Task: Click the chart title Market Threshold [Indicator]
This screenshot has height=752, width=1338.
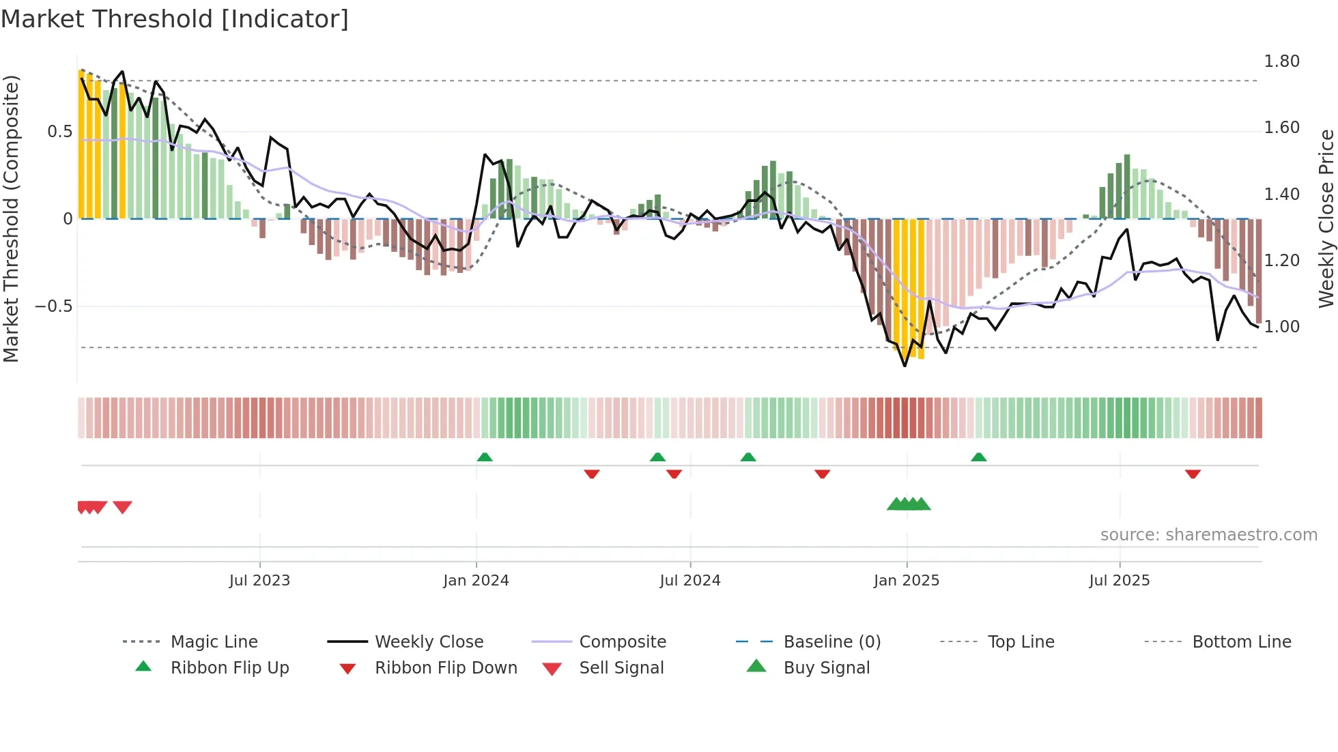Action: click(175, 19)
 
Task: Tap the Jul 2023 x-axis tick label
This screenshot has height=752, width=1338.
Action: click(259, 581)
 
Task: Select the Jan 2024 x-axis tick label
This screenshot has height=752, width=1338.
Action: click(476, 581)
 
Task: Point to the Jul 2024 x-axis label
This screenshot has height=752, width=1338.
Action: click(690, 581)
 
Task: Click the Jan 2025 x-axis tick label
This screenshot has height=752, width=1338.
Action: click(907, 581)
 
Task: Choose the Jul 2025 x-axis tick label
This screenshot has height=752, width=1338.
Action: click(1120, 581)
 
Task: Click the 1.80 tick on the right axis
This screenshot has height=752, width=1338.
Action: click(1281, 61)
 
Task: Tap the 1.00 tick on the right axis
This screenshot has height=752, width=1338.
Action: click(1281, 327)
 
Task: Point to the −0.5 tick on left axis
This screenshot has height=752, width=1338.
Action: click(54, 306)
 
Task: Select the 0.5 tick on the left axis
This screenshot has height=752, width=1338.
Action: click(59, 132)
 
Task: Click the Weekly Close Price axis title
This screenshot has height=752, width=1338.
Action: click(1326, 218)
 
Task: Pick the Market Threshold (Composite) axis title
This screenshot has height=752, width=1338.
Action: click(11, 218)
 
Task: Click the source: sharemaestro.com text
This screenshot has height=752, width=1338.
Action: click(1208, 535)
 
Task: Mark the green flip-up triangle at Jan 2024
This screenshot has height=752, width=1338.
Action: click(485, 457)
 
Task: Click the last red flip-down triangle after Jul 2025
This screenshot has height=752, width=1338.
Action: click(1193, 474)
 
